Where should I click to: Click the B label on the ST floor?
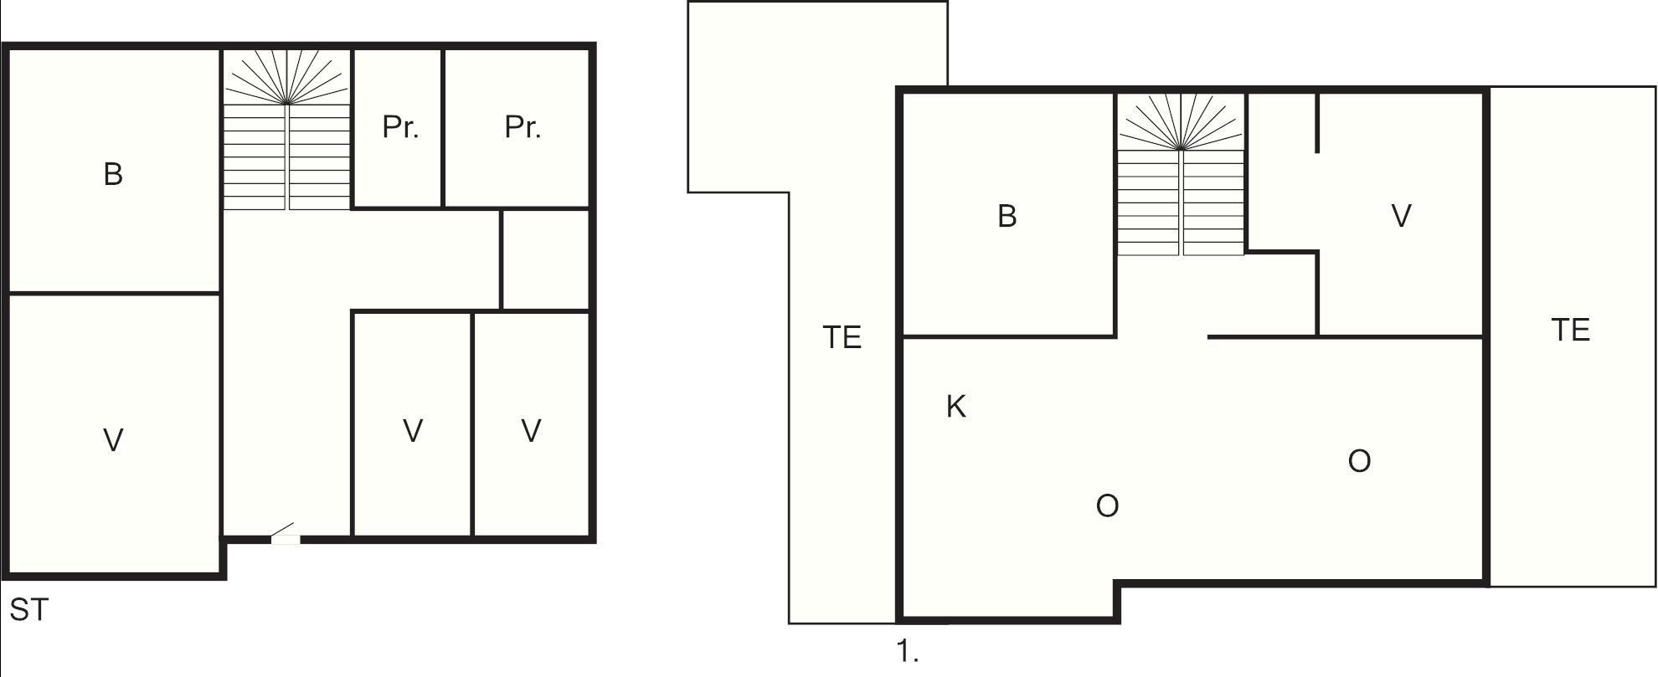click(x=113, y=174)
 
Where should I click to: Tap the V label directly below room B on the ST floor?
click(x=113, y=439)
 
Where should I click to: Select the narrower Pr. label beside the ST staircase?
click(x=399, y=127)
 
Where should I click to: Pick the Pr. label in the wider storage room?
click(x=523, y=127)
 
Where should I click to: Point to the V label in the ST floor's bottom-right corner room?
click(x=531, y=430)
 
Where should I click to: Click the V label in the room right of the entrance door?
click(x=412, y=430)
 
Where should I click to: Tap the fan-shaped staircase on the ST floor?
click(x=286, y=130)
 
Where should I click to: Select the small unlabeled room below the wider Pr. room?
click(x=545, y=259)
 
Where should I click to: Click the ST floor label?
click(x=29, y=611)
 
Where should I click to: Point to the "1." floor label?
click(x=908, y=652)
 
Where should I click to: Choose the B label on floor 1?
click(x=1007, y=216)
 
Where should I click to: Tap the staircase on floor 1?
click(x=1181, y=176)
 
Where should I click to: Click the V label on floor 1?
click(x=1400, y=216)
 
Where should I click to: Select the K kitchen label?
click(x=955, y=407)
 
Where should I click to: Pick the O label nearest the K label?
click(x=1107, y=505)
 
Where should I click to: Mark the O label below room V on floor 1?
click(x=1359, y=461)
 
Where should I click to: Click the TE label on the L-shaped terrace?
click(x=842, y=337)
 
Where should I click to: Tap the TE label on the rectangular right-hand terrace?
click(x=1570, y=331)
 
